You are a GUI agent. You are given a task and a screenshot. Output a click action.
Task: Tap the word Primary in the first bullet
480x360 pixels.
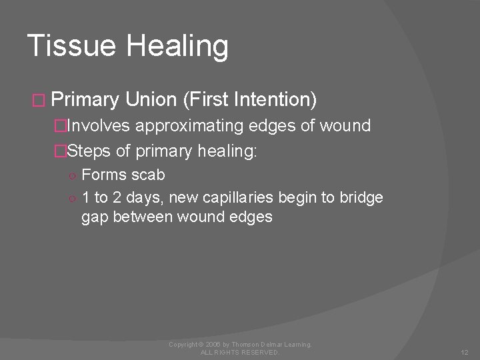coord(85,101)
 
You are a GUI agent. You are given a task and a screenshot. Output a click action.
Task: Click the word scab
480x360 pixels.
coord(148,175)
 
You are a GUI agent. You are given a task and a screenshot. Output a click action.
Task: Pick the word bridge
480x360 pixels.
coord(362,197)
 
